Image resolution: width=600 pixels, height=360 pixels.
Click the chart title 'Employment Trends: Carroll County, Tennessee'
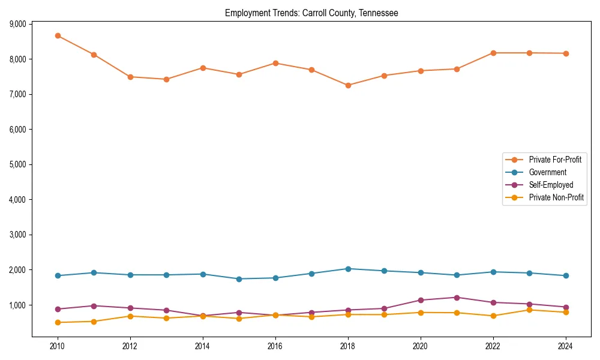311,13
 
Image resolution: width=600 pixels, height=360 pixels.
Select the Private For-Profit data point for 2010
58,35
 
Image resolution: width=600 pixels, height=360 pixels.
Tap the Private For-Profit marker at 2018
348,85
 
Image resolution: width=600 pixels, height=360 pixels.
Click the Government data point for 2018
348,269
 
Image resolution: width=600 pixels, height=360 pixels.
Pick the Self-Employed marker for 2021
457,298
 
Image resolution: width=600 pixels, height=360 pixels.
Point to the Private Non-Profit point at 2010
58,323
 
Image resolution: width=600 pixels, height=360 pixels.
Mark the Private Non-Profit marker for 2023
529,310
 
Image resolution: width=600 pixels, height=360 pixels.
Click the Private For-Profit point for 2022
493,53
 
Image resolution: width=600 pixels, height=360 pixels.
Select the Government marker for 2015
239,279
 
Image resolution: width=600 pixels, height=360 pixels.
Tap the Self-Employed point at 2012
130,308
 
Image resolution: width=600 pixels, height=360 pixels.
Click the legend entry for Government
547,173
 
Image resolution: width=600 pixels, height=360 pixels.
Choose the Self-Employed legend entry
551,185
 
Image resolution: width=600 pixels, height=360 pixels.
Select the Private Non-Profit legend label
556,198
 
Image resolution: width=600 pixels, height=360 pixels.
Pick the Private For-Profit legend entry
555,160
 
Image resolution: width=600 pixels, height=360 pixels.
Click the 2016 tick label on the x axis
275,346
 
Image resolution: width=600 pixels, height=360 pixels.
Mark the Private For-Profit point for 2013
166,79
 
